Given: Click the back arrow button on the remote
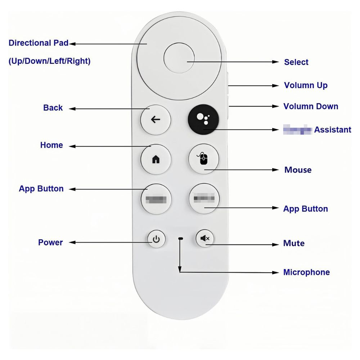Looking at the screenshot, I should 156,120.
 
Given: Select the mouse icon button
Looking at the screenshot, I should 204,159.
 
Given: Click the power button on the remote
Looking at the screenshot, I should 156,239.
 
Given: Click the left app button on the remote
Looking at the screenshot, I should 156,199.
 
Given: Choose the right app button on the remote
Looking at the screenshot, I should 204,198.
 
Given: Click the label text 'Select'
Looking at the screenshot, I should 296,62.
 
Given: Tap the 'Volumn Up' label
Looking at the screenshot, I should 306,86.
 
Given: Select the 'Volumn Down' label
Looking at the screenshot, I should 311,107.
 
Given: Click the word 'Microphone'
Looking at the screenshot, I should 306,272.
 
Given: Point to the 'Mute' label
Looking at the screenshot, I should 294,243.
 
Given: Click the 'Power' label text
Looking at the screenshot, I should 50,243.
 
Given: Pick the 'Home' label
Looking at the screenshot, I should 51,145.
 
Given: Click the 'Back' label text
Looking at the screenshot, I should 53,108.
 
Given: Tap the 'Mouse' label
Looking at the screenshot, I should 298,170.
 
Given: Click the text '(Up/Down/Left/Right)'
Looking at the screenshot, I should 49,62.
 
